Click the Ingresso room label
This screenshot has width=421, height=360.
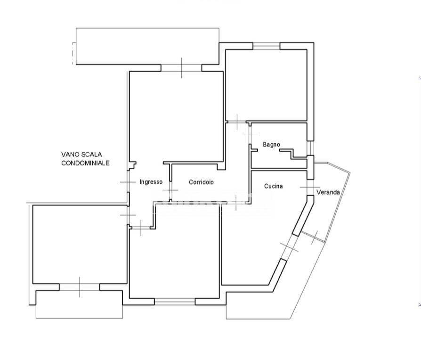[x=151, y=182]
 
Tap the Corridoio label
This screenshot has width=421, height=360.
[x=202, y=182]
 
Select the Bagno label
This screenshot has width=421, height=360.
[x=271, y=145]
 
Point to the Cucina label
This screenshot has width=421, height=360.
[x=273, y=186]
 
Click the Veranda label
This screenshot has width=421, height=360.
[x=328, y=192]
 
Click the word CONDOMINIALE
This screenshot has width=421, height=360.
[x=85, y=163]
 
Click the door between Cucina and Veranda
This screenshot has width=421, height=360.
[x=310, y=187]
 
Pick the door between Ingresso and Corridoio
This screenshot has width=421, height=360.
[x=170, y=190]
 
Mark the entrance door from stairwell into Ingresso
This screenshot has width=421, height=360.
[x=128, y=182]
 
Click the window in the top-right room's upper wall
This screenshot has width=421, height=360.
[x=267, y=46]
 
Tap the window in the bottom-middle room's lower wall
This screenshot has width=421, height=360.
[x=175, y=302]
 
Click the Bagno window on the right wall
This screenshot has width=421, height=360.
[x=310, y=148]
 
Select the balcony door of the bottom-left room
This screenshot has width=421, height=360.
[x=80, y=287]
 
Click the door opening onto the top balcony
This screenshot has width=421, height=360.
[x=181, y=68]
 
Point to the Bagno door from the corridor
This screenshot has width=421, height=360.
[x=250, y=135]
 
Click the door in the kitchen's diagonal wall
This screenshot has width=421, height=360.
[x=289, y=247]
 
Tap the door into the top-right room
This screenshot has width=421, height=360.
[x=237, y=122]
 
